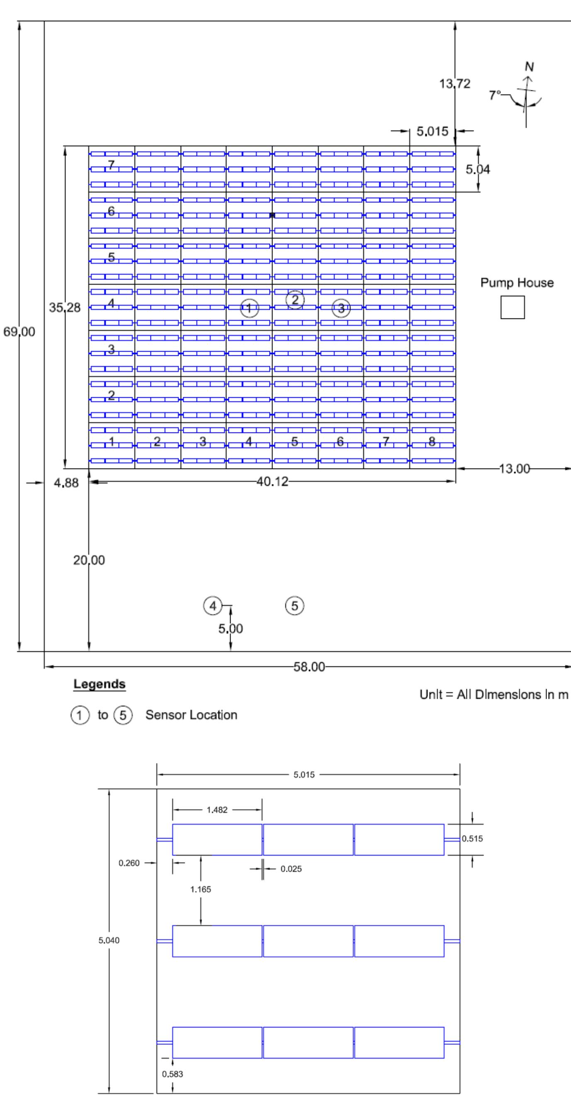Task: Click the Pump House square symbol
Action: (x=512, y=307)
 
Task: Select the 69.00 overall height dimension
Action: (x=19, y=332)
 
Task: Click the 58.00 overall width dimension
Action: (x=309, y=667)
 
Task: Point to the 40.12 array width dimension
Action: (x=272, y=482)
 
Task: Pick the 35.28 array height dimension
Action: (x=65, y=308)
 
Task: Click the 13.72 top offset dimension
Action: (x=454, y=83)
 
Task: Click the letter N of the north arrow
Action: (x=529, y=67)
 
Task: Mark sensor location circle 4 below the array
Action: (x=213, y=605)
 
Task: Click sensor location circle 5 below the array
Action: (x=294, y=605)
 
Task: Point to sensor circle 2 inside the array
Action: (x=295, y=300)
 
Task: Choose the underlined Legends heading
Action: (x=100, y=684)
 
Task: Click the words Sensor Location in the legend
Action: (x=191, y=715)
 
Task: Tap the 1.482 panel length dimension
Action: (x=217, y=810)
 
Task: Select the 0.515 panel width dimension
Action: (x=472, y=839)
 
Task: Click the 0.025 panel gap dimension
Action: (x=291, y=869)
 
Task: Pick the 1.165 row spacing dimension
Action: (x=201, y=889)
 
